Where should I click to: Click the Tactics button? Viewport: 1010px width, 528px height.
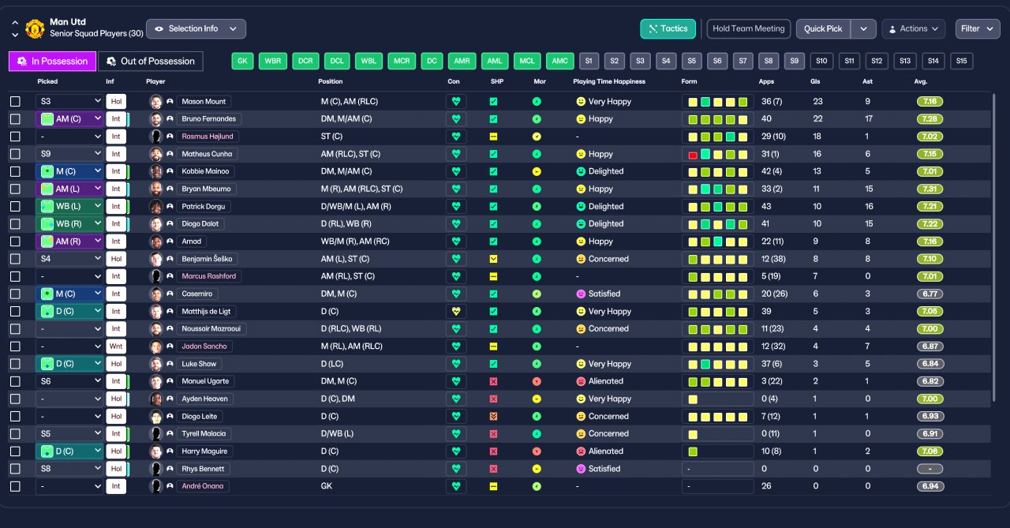tap(668, 29)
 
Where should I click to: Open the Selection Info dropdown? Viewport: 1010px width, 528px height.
tap(196, 29)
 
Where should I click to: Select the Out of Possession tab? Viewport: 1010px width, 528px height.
tap(151, 62)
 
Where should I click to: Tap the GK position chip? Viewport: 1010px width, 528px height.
tap(242, 61)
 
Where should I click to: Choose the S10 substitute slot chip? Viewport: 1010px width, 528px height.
tap(821, 61)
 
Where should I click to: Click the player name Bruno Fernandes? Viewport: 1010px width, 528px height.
tap(209, 119)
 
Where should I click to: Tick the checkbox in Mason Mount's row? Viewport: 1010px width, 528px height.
tap(15, 102)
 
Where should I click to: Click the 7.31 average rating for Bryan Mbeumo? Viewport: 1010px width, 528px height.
tap(930, 189)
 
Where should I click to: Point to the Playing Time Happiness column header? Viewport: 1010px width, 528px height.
tap(609, 81)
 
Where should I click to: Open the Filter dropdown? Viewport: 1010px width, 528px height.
tap(977, 29)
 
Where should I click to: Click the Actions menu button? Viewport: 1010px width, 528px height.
tap(914, 29)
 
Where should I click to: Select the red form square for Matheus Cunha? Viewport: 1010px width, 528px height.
tap(693, 155)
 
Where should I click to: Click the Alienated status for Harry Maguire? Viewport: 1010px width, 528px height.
tap(605, 451)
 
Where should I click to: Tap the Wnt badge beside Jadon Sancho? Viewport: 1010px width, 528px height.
tap(116, 346)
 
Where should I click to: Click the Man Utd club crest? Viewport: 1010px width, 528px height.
tap(35, 29)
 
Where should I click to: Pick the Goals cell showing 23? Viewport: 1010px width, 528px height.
tap(817, 102)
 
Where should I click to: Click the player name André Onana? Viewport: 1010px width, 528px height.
tap(203, 486)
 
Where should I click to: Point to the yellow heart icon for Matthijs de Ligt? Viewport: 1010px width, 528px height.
tap(456, 311)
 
